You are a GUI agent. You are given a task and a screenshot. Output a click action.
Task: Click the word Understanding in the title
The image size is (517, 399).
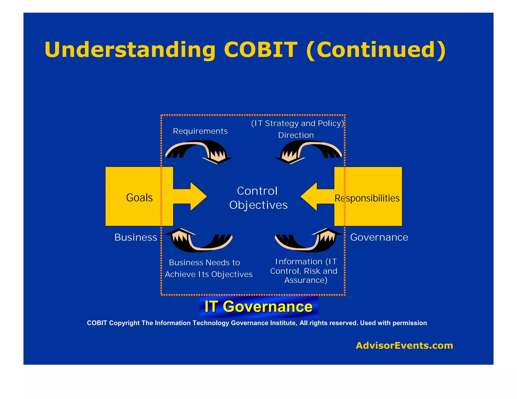point(130,50)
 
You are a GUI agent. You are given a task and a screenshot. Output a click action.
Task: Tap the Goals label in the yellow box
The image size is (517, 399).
point(139,197)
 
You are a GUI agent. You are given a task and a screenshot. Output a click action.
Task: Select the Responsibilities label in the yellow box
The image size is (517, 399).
point(367,198)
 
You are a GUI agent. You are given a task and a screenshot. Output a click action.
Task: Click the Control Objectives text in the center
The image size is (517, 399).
point(258,198)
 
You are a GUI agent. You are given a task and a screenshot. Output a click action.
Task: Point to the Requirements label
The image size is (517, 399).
point(200,131)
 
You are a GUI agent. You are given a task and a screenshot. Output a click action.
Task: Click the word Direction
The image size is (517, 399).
point(296,135)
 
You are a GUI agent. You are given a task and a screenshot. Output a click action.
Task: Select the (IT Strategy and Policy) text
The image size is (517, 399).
point(297,123)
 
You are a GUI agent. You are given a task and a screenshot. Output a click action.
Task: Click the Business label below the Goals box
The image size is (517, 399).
point(136,237)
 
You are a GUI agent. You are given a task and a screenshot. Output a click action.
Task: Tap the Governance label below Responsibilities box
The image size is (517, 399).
point(379,237)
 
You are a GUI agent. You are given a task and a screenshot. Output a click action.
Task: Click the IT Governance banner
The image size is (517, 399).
point(258,307)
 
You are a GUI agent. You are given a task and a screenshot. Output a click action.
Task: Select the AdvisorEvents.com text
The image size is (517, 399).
point(404,345)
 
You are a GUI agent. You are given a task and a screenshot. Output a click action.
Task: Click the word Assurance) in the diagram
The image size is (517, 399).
point(306,280)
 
